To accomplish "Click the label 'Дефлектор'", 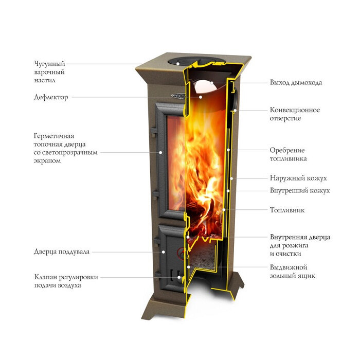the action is [x=51, y=97].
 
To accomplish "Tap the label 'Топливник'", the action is [x=287, y=210].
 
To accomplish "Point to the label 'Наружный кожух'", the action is [x=298, y=178].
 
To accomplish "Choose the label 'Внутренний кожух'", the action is [x=300, y=190].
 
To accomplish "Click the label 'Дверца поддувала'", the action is [x=62, y=252].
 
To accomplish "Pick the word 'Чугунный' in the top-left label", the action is [x=50, y=64].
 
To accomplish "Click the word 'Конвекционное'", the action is [x=295, y=110].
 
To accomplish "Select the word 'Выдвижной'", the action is [x=289, y=267].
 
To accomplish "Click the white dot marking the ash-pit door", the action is [x=164, y=252].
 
